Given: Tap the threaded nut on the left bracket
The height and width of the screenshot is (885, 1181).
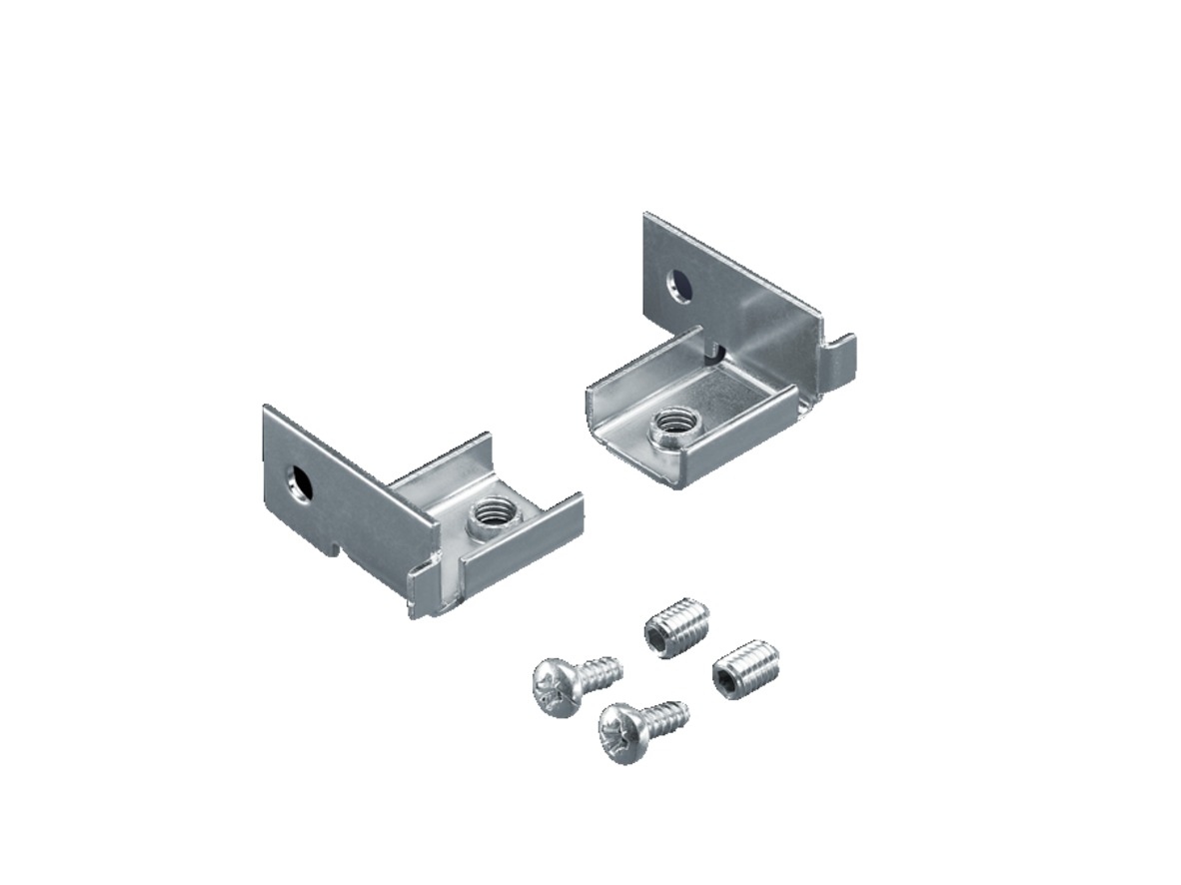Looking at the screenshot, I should coord(491,516).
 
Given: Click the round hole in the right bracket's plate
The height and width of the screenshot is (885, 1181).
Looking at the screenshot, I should coord(679,288).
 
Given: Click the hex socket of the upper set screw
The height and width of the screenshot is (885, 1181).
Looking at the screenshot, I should coord(655,640).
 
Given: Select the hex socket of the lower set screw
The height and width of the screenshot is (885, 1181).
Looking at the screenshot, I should coord(724,680).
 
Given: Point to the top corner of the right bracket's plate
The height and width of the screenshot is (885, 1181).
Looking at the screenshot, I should coord(647,216).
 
